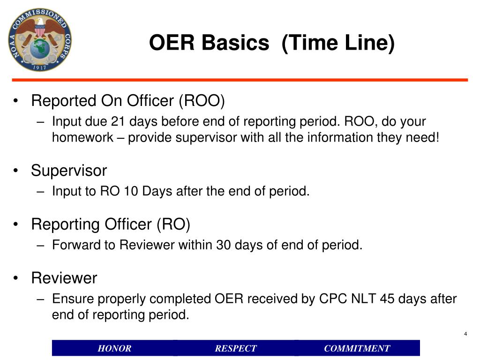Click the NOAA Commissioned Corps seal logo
click(40, 39)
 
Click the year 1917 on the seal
click(40, 66)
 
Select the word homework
click(82, 137)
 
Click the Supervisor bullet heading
click(69, 170)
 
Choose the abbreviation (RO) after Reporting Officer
click(173, 225)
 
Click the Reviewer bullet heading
click(64, 278)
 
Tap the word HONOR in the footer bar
click(114, 348)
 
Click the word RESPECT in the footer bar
click(236, 348)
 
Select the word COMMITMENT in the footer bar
click(357, 348)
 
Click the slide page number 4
click(465, 334)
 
